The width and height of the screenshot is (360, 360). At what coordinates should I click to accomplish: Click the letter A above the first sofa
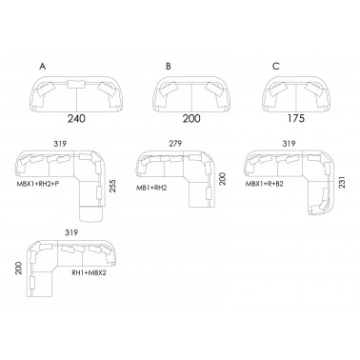[x=43, y=67]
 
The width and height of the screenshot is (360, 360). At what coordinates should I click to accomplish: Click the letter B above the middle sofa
[x=169, y=67]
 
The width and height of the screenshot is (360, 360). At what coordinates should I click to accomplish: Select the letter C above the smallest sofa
[x=276, y=67]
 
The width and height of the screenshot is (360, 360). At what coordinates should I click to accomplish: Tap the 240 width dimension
[x=76, y=119]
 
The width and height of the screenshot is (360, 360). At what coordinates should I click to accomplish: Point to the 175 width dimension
[x=296, y=119]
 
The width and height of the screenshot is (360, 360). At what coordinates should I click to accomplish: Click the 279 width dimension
[x=175, y=144]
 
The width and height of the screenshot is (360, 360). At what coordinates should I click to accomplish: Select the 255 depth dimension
[x=112, y=187]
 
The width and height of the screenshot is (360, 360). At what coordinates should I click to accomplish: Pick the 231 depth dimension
[x=342, y=182]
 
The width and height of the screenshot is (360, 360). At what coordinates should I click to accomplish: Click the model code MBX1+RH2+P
[x=38, y=184]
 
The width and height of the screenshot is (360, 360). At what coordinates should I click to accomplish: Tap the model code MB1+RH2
[x=151, y=188]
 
